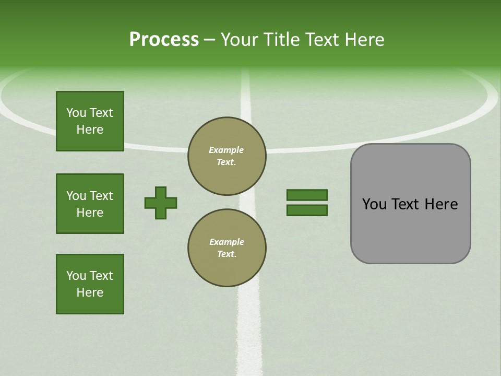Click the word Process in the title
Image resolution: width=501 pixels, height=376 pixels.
pyautogui.click(x=164, y=40)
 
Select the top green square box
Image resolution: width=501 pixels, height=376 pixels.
pyautogui.click(x=90, y=121)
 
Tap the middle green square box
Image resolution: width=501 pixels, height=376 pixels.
pyautogui.click(x=90, y=204)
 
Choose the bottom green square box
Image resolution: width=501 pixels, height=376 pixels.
pyautogui.click(x=90, y=284)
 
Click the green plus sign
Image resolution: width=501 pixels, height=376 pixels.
pyautogui.click(x=161, y=203)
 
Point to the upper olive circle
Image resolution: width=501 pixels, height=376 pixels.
pyautogui.click(x=226, y=156)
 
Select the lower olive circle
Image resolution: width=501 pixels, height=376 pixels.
pyautogui.click(x=226, y=248)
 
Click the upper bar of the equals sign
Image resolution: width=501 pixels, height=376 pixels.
pyautogui.click(x=307, y=195)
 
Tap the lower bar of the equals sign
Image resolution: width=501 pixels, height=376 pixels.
pyautogui.click(x=307, y=210)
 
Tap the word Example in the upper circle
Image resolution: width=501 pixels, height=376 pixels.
pyautogui.click(x=226, y=150)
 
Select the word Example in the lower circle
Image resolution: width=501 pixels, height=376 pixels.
pyautogui.click(x=226, y=242)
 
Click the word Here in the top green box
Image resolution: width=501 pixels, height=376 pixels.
pyautogui.click(x=90, y=130)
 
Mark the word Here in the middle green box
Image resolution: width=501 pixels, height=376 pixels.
pyautogui.click(x=90, y=213)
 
